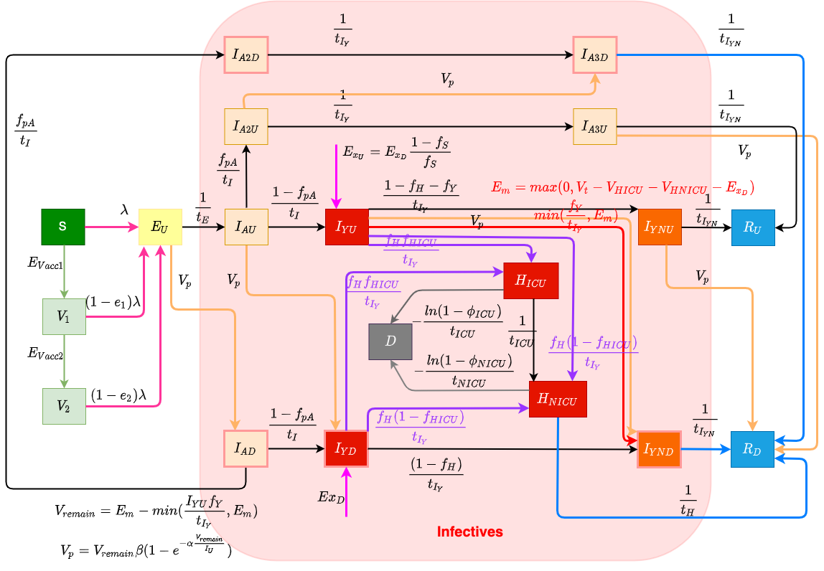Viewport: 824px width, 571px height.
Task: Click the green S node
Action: click(63, 227)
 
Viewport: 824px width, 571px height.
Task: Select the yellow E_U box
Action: click(160, 227)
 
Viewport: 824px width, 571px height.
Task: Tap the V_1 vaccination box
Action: click(64, 316)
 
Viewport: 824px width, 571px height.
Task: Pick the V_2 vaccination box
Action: click(64, 406)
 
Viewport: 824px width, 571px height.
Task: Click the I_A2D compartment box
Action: click(245, 55)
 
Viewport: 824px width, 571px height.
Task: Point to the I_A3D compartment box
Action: click(594, 55)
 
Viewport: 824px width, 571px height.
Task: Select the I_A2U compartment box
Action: click(245, 127)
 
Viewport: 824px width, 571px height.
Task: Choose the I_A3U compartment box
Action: click(594, 127)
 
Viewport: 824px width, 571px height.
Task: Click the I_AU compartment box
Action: click(246, 227)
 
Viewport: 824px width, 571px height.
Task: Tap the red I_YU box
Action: click(347, 227)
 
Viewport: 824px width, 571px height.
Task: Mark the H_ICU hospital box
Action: click(531, 280)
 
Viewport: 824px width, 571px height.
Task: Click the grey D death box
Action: click(390, 341)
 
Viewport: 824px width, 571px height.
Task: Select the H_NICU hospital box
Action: click(558, 399)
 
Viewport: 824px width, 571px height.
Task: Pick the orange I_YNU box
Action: click(660, 227)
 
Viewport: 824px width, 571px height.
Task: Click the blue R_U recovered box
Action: click(753, 227)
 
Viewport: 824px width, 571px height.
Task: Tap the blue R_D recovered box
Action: click(753, 450)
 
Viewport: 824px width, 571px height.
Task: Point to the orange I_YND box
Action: click(659, 450)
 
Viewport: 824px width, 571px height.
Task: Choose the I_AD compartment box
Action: click(245, 449)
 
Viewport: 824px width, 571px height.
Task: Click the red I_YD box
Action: click(346, 449)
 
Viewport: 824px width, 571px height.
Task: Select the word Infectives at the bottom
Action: click(470, 532)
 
